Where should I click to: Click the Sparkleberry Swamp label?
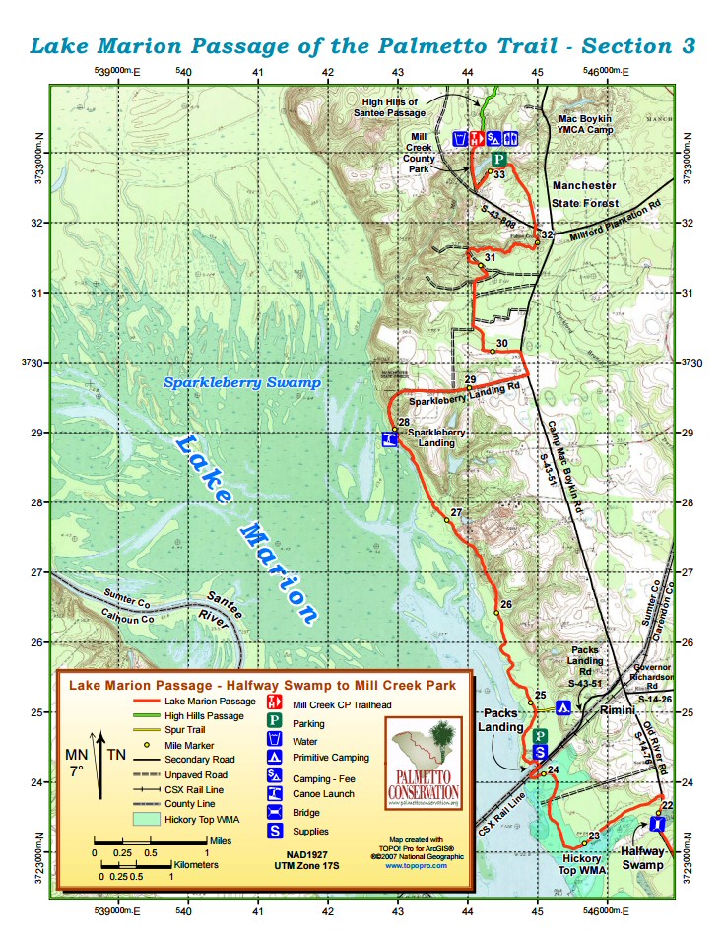[242, 382]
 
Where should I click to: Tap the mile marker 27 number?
[456, 513]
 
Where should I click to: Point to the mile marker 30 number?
[501, 343]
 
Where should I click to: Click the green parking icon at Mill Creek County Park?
[498, 160]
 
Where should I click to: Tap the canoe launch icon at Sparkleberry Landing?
[390, 439]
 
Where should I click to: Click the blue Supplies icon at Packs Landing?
[539, 752]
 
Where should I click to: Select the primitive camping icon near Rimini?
[564, 706]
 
